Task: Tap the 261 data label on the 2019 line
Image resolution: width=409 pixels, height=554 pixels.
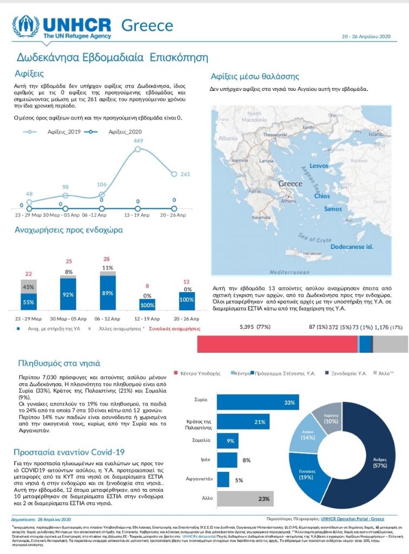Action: point(185,174)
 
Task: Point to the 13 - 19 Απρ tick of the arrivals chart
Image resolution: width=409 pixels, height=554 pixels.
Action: point(138,215)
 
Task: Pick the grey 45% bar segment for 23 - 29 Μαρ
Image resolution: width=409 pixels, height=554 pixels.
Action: point(29,287)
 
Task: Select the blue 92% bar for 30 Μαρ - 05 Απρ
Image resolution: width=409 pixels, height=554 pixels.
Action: point(68,295)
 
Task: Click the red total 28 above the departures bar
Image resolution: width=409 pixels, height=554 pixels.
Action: point(107,259)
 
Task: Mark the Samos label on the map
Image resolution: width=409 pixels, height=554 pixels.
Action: point(333,208)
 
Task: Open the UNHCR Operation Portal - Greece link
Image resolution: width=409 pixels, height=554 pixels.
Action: point(360,518)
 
